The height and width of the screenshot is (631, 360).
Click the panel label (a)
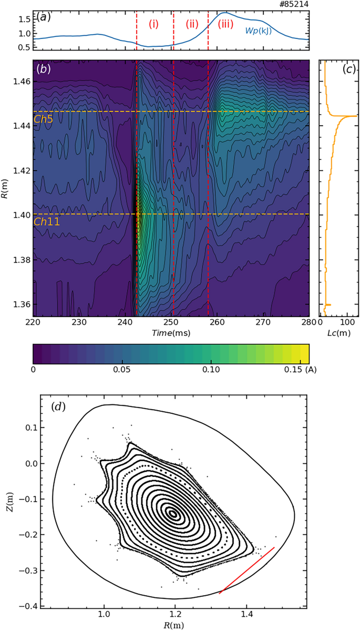43,17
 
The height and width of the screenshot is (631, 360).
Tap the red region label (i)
153,23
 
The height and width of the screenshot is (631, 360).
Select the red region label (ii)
192,23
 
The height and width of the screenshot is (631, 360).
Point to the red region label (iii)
225,23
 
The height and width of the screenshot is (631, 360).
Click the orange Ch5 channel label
44,119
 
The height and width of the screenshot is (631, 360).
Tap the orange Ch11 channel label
46,222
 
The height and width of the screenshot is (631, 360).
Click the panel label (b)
43,69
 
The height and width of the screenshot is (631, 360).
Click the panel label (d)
57,406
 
